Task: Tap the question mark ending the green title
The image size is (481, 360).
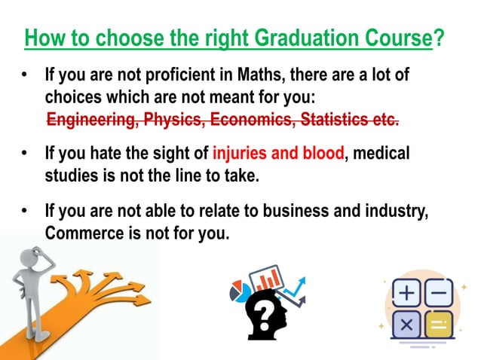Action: pos(438,38)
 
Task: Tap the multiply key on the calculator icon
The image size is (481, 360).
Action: pos(408,325)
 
